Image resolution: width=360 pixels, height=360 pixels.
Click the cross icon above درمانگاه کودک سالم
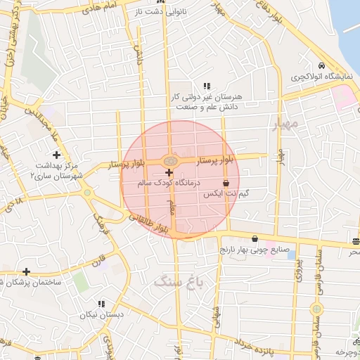(x=169, y=172)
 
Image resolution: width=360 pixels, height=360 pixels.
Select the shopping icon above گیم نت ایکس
(x=224, y=182)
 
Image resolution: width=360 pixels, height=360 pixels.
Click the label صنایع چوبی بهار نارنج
(x=254, y=249)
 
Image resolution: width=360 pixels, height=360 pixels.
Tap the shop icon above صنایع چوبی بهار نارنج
(x=254, y=238)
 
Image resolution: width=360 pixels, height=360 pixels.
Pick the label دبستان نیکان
(x=101, y=314)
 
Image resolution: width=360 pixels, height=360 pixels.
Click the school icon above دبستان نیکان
(x=101, y=304)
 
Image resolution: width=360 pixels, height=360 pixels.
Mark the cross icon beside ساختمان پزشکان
(x=26, y=271)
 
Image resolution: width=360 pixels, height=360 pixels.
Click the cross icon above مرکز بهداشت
(x=56, y=154)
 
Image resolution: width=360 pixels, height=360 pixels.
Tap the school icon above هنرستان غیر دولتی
(x=206, y=85)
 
